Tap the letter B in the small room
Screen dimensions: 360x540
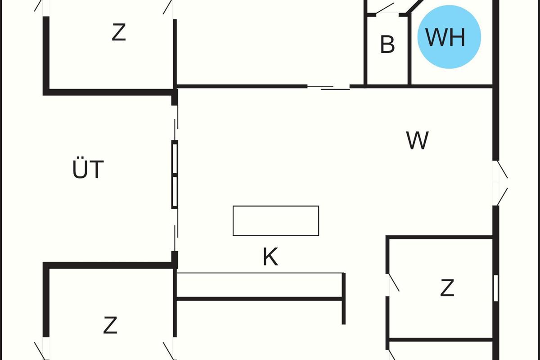(x=387, y=44)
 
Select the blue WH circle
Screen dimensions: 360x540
(x=449, y=37)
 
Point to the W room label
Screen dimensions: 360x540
(x=417, y=141)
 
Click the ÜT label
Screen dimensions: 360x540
(x=88, y=170)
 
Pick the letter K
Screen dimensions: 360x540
(x=270, y=257)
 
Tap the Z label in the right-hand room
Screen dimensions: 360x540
(x=447, y=288)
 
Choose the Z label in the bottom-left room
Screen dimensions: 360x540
(x=110, y=325)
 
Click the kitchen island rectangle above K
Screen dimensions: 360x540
(x=276, y=220)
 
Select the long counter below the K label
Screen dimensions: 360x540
(x=260, y=285)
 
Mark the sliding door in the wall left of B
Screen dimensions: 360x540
(x=328, y=87)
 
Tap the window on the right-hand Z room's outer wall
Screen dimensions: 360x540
(x=496, y=288)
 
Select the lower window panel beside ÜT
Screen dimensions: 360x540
(x=175, y=192)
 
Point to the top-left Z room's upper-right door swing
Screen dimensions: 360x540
(x=168, y=7)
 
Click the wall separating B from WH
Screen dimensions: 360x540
(x=409, y=49)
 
